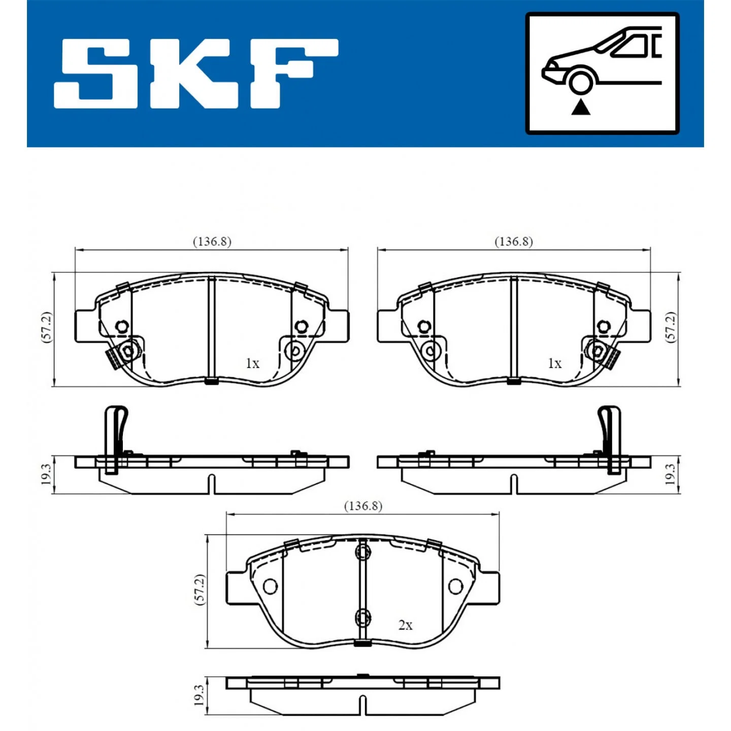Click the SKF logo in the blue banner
pyautogui.click(x=196, y=73)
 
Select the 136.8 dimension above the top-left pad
pyautogui.click(x=212, y=242)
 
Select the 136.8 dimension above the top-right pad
pyautogui.click(x=513, y=242)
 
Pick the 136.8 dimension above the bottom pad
pyautogui.click(x=362, y=506)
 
